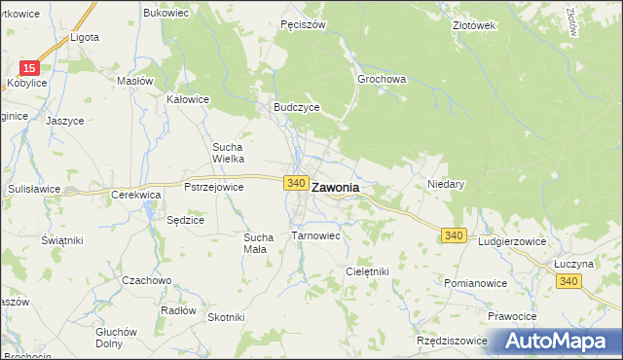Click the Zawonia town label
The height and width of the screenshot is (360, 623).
click(335, 188)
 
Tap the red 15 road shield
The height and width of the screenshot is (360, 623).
click(30, 68)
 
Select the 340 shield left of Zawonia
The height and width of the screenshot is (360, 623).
click(297, 183)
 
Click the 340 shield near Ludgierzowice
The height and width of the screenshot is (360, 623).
click(453, 236)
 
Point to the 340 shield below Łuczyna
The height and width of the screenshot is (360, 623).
click(569, 280)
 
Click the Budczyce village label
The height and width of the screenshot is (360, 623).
click(296, 108)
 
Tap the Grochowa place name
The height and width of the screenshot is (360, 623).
click(382, 80)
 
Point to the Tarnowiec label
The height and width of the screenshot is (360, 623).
click(315, 235)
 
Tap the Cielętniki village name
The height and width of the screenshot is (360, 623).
click(367, 271)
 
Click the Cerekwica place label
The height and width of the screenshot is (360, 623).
click(135, 195)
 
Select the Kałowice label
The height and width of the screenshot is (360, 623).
click(189, 99)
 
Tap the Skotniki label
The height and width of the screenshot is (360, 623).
click(226, 317)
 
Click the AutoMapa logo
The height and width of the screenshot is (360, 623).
click(558, 341)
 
